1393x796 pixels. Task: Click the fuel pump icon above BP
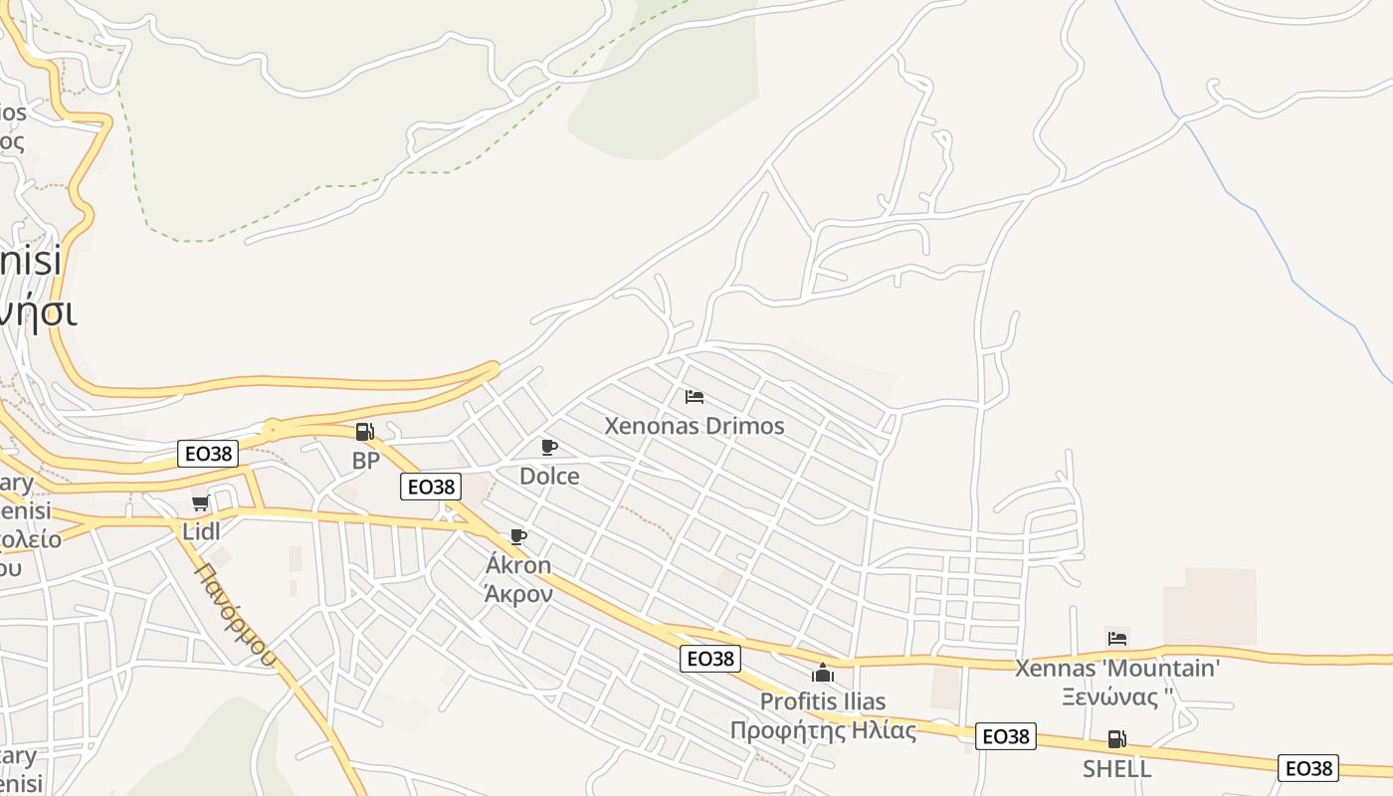click(x=364, y=432)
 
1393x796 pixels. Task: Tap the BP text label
click(x=366, y=461)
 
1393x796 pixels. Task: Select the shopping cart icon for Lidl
click(x=200, y=502)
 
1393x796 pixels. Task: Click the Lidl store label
click(x=201, y=530)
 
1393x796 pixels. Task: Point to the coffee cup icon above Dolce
click(x=548, y=447)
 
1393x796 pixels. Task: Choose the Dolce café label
click(x=549, y=476)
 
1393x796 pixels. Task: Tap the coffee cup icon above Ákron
click(x=517, y=537)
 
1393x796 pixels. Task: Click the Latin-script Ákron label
click(x=517, y=565)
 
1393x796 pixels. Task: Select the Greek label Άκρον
click(x=517, y=594)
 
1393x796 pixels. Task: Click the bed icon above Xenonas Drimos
click(x=695, y=397)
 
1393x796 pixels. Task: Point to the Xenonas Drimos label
click(x=695, y=426)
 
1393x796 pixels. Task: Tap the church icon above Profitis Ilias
click(x=823, y=673)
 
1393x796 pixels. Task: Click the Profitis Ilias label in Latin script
click(x=823, y=701)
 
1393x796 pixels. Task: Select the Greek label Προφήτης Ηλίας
click(x=823, y=730)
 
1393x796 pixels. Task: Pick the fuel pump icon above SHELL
click(x=1116, y=739)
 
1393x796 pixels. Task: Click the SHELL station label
click(x=1116, y=768)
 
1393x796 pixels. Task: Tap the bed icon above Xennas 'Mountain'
click(x=1116, y=638)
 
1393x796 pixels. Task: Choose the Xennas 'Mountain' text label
click(x=1116, y=668)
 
